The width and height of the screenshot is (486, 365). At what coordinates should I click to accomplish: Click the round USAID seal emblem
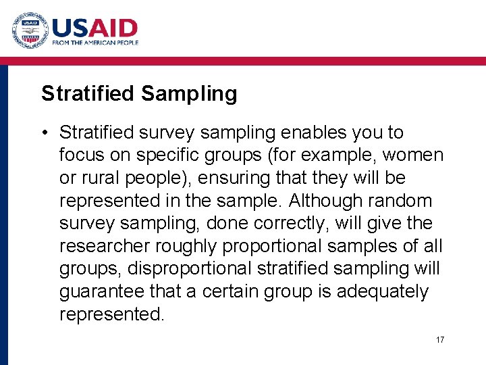coord(29,30)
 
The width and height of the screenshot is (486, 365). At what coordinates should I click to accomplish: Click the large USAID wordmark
coord(94,28)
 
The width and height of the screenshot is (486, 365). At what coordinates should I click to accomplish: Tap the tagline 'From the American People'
coord(95,43)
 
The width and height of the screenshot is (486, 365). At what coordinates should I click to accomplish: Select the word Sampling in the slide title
coord(189,93)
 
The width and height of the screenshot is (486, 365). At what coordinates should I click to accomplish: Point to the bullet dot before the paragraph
coord(45,132)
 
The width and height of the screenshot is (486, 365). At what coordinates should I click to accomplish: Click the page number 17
coord(439,339)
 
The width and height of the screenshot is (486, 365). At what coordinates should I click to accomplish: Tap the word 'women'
coord(413,155)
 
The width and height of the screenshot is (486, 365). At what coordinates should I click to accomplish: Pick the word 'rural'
coord(96,178)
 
